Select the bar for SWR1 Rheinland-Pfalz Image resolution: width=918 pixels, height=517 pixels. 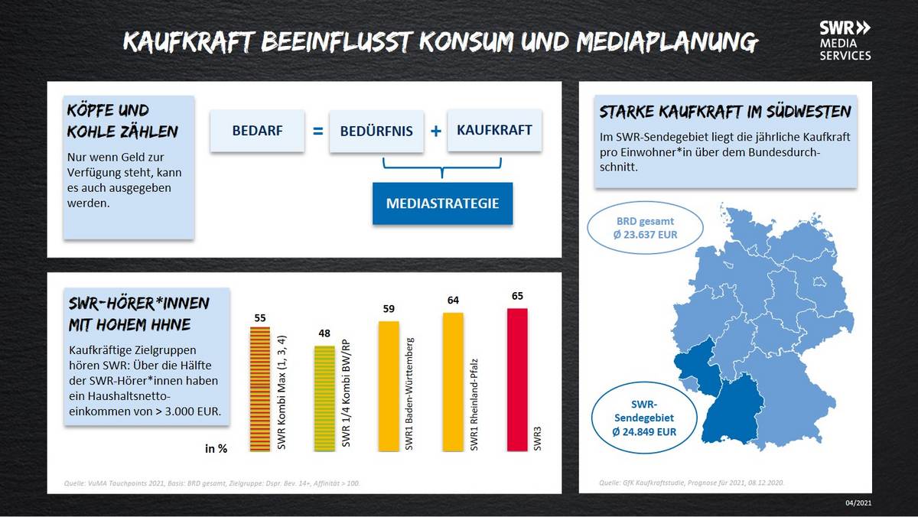pos(453,382)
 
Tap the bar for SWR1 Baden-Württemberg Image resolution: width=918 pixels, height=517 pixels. pos(389,386)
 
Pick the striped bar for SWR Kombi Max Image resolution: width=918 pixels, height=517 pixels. pos(260,389)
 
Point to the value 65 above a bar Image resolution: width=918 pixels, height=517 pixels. pos(517,296)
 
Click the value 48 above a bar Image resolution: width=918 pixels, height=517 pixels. pos(324,333)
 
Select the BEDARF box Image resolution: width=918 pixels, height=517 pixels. pos(257,131)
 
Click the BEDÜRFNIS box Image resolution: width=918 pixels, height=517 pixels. pos(376,131)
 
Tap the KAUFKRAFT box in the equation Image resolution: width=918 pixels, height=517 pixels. pos(494,130)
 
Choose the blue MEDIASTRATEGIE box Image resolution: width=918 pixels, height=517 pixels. pos(442,203)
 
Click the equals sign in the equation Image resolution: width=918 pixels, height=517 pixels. pos(317,131)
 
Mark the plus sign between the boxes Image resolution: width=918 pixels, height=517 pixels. pos(435,131)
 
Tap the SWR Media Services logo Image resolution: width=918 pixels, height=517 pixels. pos(845,41)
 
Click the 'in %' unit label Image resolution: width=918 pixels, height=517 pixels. pos(216,449)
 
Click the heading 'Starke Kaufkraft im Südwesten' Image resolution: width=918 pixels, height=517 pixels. pos(724,112)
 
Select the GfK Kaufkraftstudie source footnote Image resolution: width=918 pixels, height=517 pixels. pos(692,483)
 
